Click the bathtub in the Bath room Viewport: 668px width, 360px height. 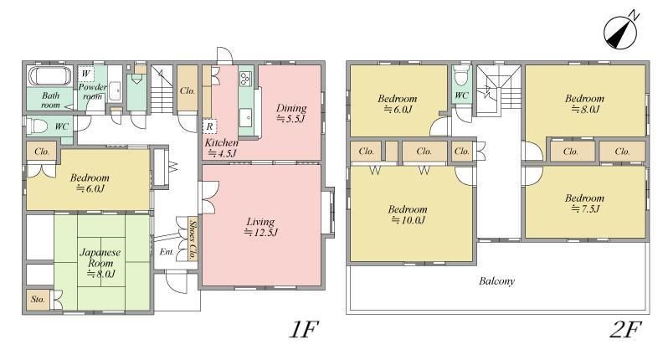[50, 76]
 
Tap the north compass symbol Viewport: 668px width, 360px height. [621, 31]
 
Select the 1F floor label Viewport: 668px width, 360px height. [304, 329]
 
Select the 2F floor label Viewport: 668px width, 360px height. [625, 329]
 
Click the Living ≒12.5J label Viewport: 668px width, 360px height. [260, 227]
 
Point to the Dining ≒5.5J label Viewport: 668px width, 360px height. [291, 113]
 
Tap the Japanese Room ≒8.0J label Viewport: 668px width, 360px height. [100, 263]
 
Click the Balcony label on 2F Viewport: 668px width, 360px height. [496, 281]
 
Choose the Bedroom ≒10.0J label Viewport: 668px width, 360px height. [408, 214]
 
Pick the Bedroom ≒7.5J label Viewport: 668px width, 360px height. [584, 203]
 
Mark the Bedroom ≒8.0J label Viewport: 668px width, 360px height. [584, 104]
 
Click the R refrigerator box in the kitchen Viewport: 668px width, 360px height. [209, 126]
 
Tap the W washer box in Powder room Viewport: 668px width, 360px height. [85, 75]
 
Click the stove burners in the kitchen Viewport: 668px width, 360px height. [246, 78]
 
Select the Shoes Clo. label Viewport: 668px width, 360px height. [193, 239]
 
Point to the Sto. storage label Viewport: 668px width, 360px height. [38, 300]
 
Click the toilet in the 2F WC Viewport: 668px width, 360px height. [461, 76]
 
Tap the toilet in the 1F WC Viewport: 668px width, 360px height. [38, 126]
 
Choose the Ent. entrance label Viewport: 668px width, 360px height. [167, 252]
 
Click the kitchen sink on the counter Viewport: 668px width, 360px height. [246, 117]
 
